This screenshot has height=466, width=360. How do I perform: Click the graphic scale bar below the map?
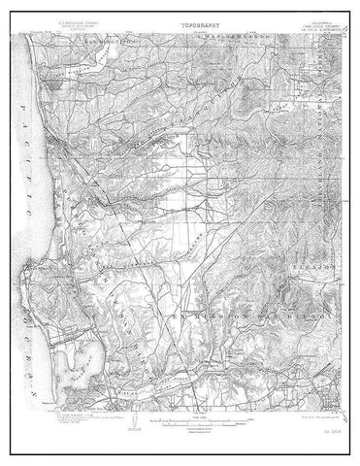click(180, 419)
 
